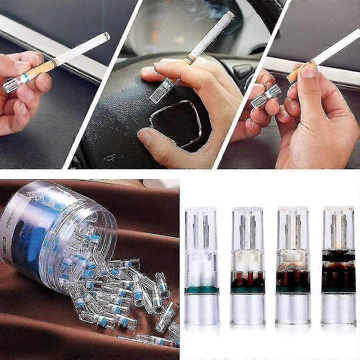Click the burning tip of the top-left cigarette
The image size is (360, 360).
pyautogui.click(x=107, y=35)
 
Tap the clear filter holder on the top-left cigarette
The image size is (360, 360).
pyautogui.click(x=14, y=84)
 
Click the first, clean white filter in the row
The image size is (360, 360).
pyautogui.click(x=202, y=266)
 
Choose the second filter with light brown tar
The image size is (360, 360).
pyautogui.click(x=248, y=266)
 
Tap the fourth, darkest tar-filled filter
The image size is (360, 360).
pyautogui.click(x=338, y=266)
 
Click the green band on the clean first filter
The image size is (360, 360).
pyautogui.click(x=202, y=289)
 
